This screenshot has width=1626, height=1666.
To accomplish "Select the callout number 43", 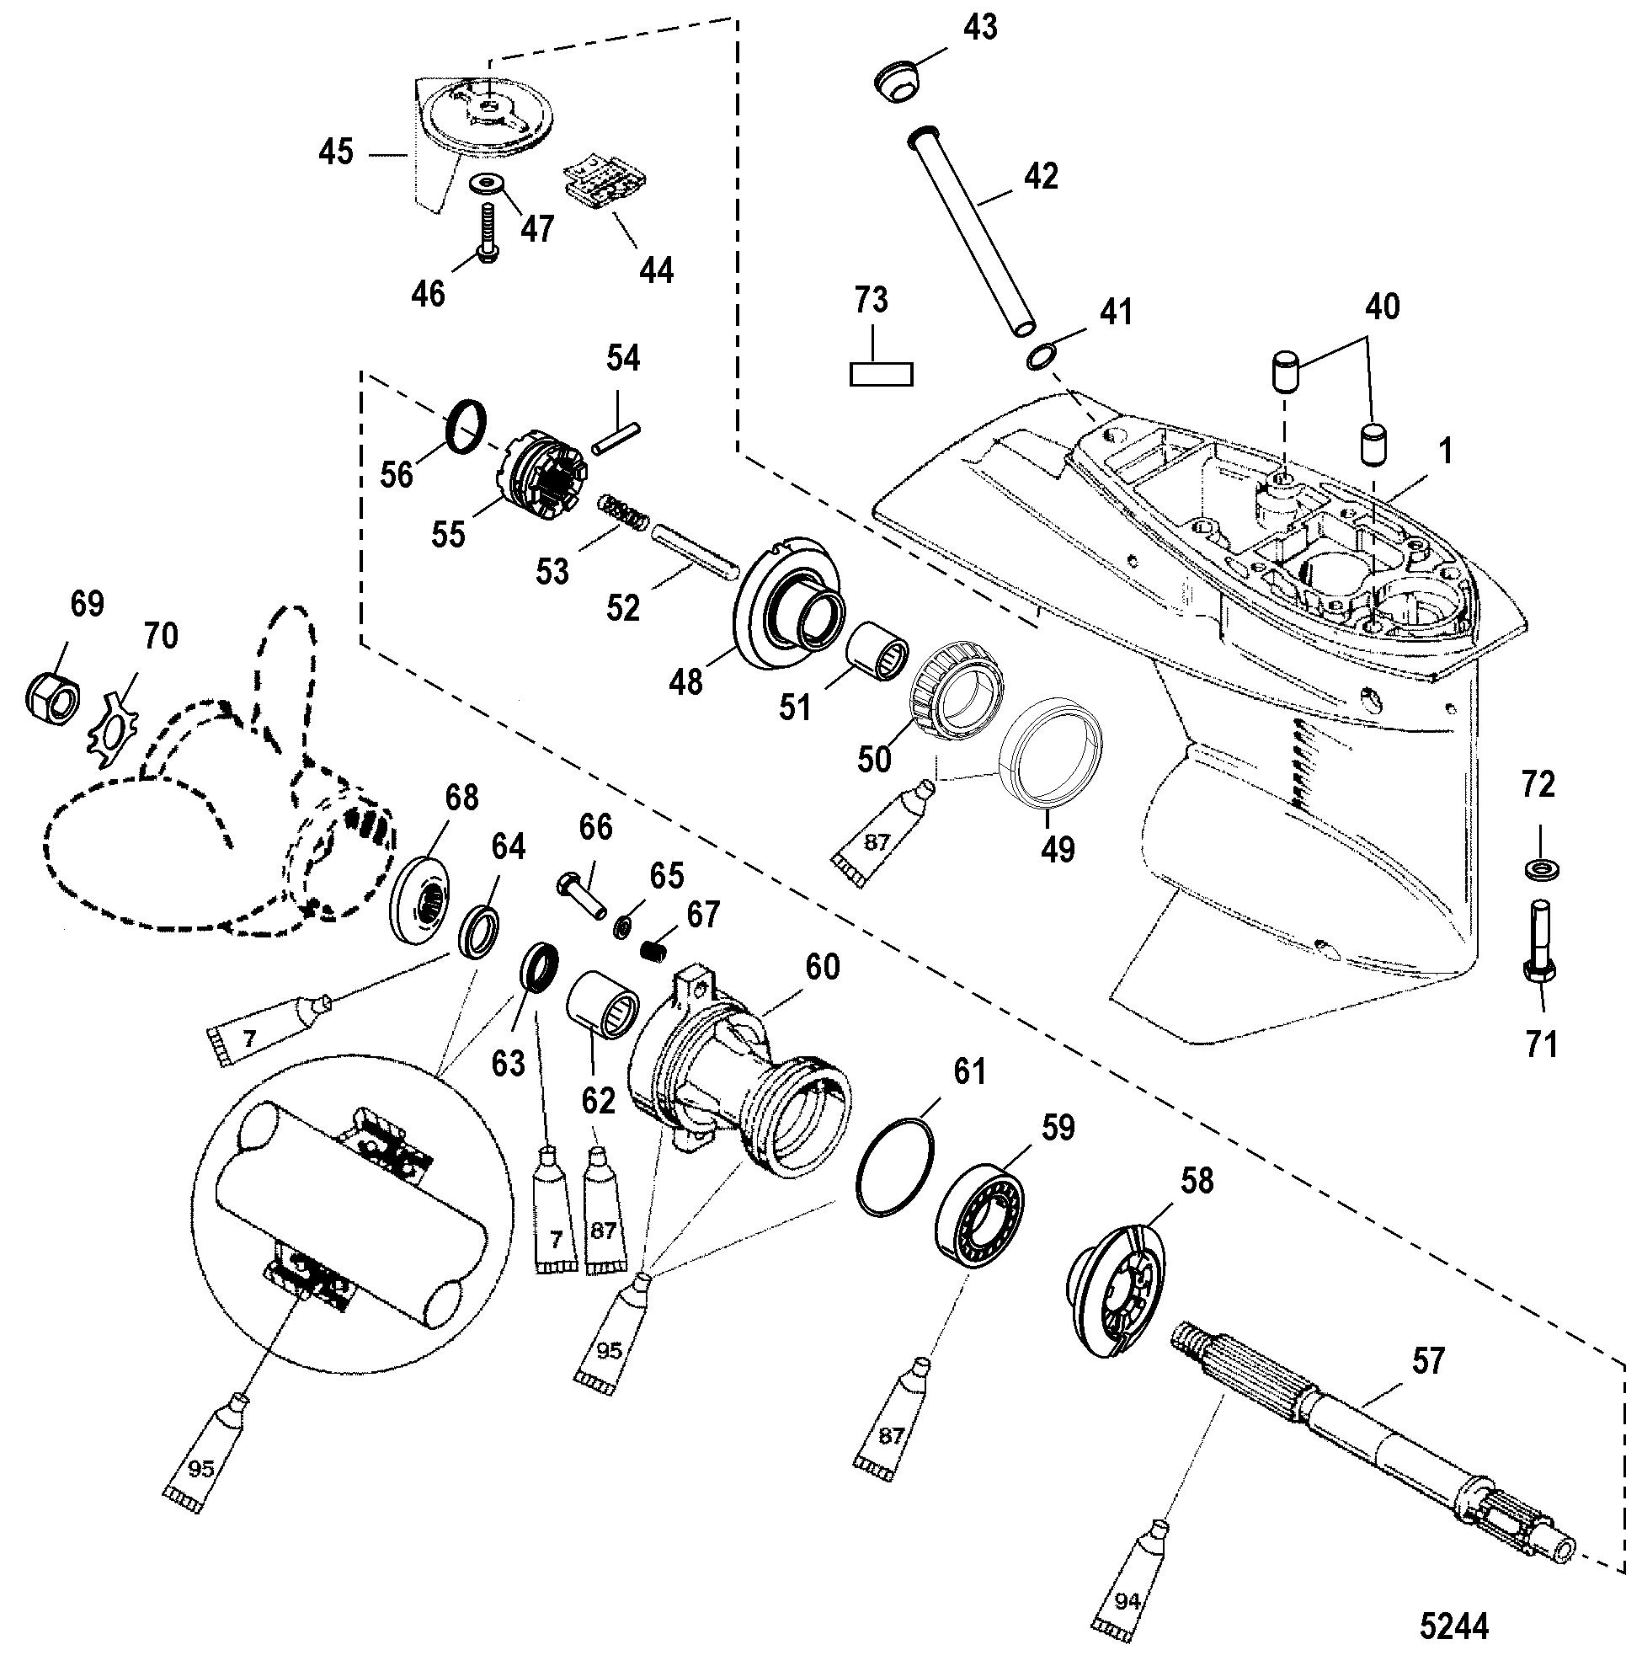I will pyautogui.click(x=979, y=28).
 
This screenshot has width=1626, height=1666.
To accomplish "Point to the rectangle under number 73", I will pyautogui.click(x=882, y=374).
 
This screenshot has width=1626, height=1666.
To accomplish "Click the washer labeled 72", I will pyautogui.click(x=1539, y=870).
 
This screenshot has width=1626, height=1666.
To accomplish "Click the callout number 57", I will pyautogui.click(x=1429, y=1360).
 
